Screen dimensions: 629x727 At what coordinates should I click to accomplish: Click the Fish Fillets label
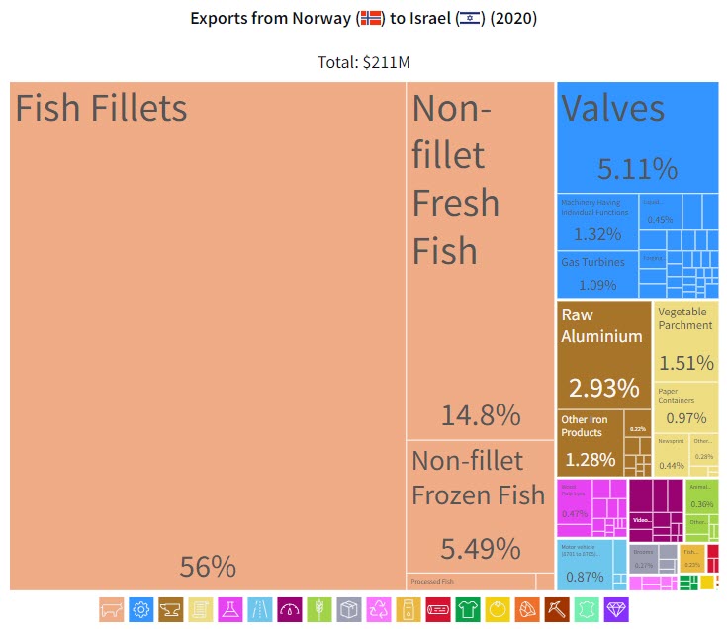pos(101,108)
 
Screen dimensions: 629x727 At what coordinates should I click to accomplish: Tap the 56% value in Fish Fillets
pos(208,567)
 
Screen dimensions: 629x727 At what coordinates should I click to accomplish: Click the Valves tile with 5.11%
pos(637,138)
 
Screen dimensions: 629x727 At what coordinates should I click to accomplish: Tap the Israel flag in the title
pos(469,19)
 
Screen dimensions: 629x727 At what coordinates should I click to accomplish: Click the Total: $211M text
pos(363,61)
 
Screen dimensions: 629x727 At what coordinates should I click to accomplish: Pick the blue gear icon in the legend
pos(141,609)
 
